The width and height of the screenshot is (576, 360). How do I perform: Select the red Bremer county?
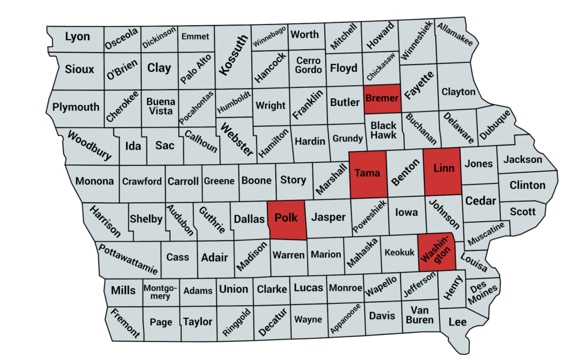coord(382,99)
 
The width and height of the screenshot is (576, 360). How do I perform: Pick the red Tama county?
coord(367,173)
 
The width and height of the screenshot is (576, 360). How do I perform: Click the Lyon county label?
coord(77,37)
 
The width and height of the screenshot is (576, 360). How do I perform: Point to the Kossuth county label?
coord(233,55)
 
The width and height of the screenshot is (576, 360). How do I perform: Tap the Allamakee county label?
coord(455,34)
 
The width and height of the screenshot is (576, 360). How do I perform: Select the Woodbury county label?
coord(89,145)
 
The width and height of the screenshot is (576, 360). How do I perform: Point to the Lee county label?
coord(457,322)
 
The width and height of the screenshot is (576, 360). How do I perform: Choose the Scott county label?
coord(522,211)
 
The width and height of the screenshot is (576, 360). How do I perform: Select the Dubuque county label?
coord(495,124)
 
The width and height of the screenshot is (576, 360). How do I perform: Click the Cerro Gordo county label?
coord(308,65)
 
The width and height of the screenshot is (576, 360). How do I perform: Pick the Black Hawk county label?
coord(383,130)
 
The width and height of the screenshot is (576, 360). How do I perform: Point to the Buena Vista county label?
coord(161,106)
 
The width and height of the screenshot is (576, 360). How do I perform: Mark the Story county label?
coord(293,180)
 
